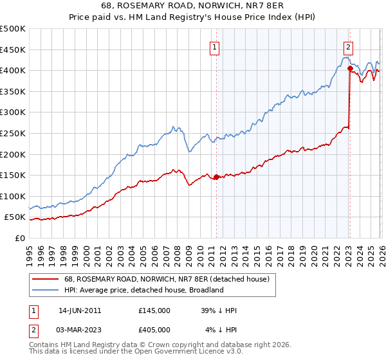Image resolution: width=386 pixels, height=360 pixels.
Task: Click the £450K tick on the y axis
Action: click(x=13, y=50)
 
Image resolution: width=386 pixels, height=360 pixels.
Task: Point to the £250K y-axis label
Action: click(x=13, y=133)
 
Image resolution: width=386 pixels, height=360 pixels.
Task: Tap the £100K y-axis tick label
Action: click(x=13, y=196)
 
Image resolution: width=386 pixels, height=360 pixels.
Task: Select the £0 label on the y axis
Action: click(x=19, y=238)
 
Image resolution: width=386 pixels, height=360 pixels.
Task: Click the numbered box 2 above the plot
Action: click(x=348, y=46)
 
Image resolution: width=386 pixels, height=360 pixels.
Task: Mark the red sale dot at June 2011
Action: click(x=216, y=177)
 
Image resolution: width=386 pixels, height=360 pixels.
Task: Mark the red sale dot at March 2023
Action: click(x=349, y=68)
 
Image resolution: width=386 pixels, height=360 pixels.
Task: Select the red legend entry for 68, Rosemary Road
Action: click(x=170, y=279)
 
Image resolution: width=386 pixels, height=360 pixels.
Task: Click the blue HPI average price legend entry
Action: click(x=143, y=290)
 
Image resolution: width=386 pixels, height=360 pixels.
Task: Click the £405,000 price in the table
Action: click(x=154, y=330)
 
